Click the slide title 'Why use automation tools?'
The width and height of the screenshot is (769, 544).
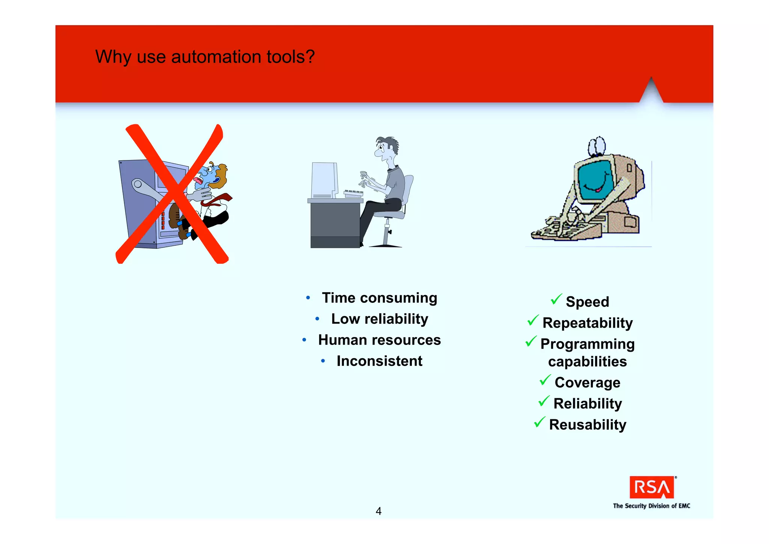pyautogui.click(x=205, y=57)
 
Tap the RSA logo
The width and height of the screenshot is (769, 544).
pyautogui.click(x=651, y=487)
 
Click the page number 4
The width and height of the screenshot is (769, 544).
pyautogui.click(x=378, y=511)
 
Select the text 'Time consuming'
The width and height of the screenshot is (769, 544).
pyautogui.click(x=379, y=298)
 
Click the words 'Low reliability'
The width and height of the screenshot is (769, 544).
pyautogui.click(x=379, y=319)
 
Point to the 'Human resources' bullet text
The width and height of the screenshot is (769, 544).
pyautogui.click(x=379, y=340)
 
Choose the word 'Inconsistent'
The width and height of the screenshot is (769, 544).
pyautogui.click(x=379, y=361)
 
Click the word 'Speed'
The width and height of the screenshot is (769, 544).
pyautogui.click(x=587, y=302)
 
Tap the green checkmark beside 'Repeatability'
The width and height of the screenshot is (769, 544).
pyautogui.click(x=533, y=320)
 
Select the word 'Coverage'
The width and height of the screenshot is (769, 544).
pyautogui.click(x=587, y=382)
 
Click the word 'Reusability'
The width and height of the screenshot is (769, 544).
pyautogui.click(x=587, y=425)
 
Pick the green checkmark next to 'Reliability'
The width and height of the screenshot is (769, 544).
pyautogui.click(x=544, y=401)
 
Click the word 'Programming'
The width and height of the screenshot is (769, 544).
pyautogui.click(x=587, y=344)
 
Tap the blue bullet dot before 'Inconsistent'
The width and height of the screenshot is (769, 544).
pyautogui.click(x=323, y=361)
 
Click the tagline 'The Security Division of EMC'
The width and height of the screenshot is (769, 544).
pyautogui.click(x=651, y=506)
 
